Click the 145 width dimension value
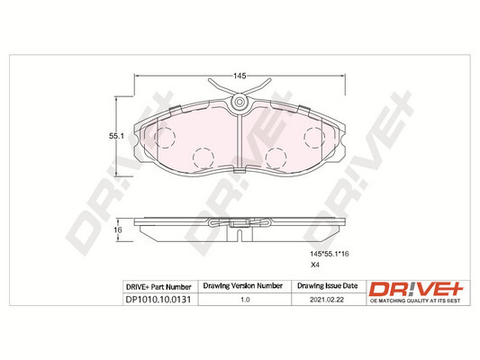click(x=240, y=76)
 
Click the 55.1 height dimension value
click(x=116, y=137)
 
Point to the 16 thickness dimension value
click(x=118, y=229)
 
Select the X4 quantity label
click(x=315, y=265)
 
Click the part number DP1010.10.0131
click(x=158, y=300)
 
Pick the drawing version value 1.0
click(x=245, y=300)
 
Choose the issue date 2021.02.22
click(x=327, y=300)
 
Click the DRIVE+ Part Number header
click(x=158, y=287)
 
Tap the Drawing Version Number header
click(x=243, y=286)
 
